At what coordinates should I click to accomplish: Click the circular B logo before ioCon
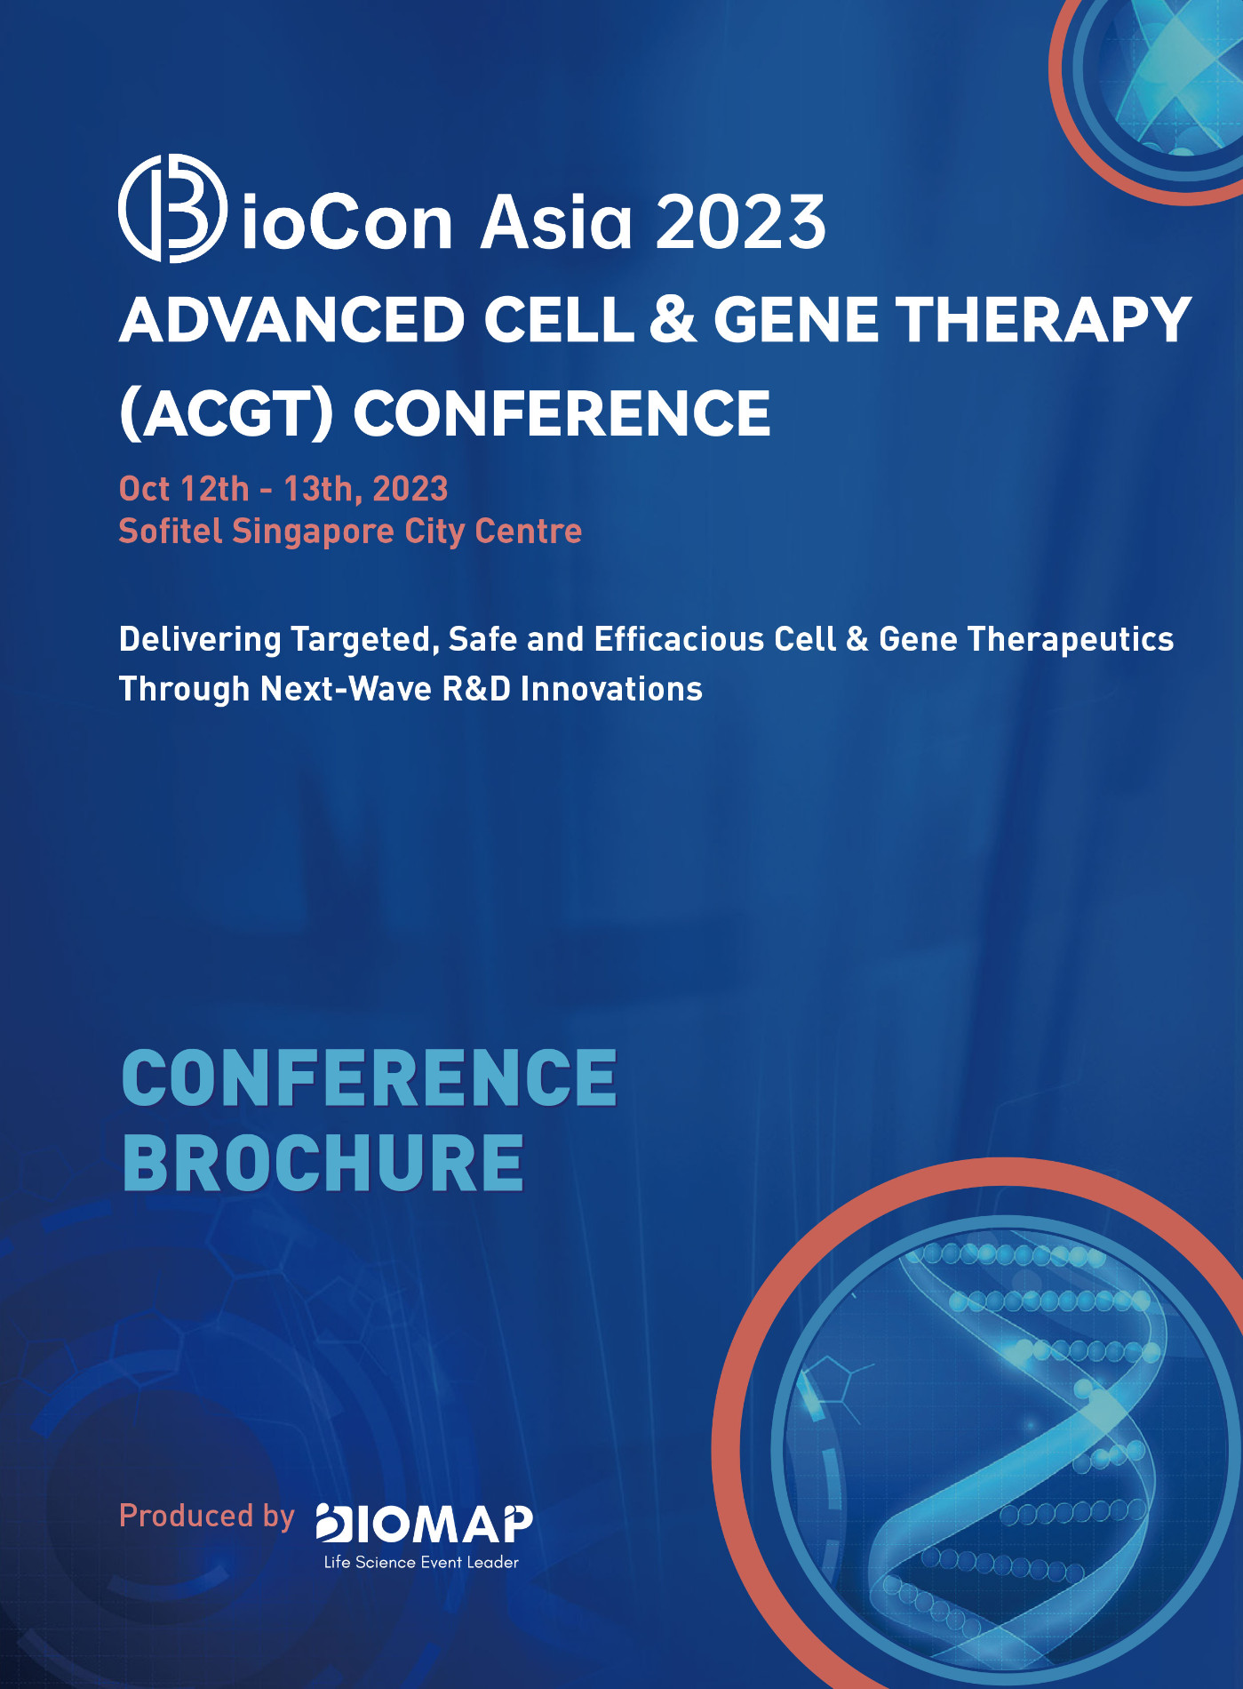171,209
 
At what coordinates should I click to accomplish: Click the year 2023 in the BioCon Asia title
740,223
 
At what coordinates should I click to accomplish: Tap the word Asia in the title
556,223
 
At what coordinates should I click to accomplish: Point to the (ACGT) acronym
227,414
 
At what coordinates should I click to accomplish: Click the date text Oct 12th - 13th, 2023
283,489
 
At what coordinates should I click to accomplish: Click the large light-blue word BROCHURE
323,1163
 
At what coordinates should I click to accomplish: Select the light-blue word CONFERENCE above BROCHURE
369,1077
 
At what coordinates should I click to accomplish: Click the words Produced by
206,1516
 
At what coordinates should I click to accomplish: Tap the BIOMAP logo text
425,1524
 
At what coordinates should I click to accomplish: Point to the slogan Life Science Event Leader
421,1562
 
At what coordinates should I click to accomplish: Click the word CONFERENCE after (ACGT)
562,414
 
